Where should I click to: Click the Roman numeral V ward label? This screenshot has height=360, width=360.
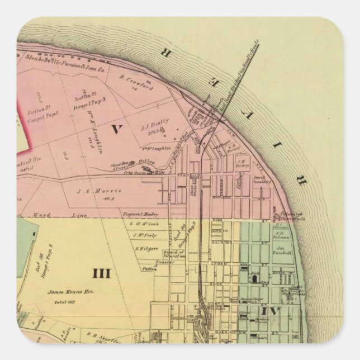click(116, 130)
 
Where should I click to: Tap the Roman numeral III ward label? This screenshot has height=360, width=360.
click(101, 273)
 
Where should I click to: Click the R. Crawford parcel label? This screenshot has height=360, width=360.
click(134, 79)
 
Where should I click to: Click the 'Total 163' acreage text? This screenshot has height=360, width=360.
click(64, 302)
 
